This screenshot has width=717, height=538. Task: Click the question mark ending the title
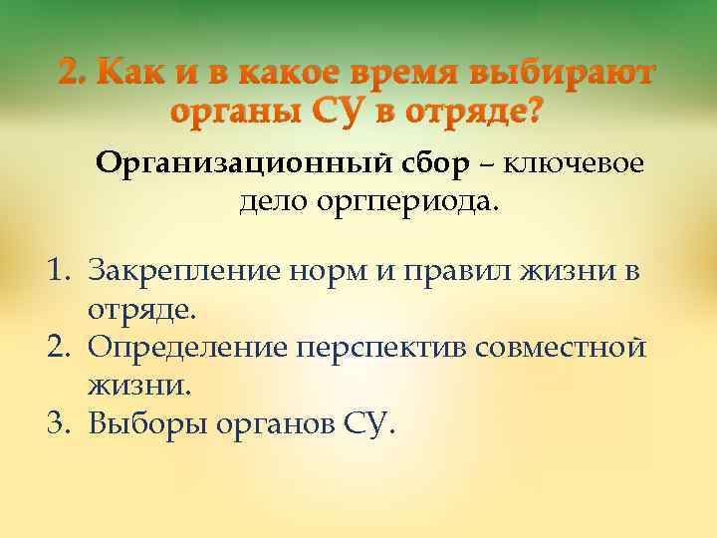[535, 111]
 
